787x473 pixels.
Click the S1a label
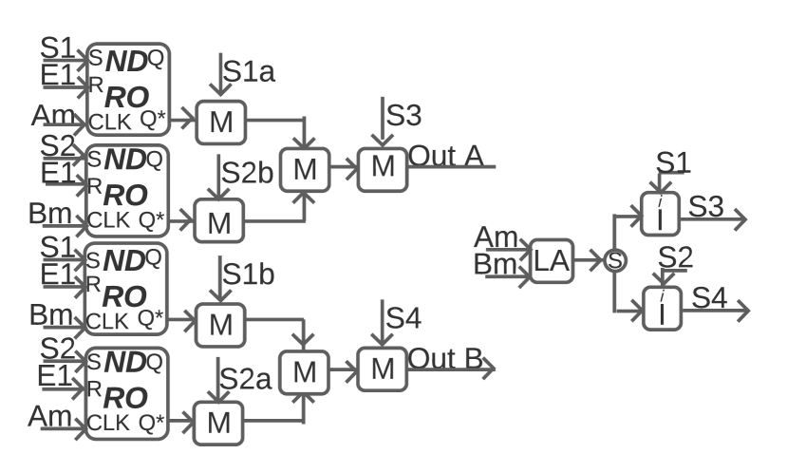coord(249,71)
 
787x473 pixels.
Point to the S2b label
coord(249,174)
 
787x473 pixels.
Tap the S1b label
coord(249,274)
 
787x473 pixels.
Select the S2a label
coord(246,377)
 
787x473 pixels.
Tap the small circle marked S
coord(614,259)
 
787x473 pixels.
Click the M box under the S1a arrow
coord(220,122)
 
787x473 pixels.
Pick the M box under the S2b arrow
coord(220,222)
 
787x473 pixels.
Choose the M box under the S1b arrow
coord(220,324)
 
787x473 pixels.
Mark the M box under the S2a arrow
coord(220,424)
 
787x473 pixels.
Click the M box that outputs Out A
coord(383,165)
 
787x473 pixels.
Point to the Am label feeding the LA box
coord(495,236)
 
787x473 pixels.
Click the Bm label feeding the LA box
coord(494,264)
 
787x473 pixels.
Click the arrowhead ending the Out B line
coord(489,369)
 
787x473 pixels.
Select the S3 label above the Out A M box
coord(404,116)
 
